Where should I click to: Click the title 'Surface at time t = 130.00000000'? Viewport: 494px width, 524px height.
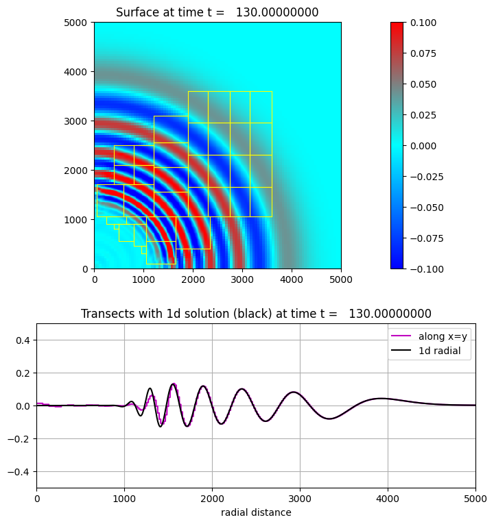point(217,12)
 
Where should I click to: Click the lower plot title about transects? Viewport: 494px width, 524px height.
point(256,314)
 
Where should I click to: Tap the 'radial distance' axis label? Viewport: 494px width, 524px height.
point(256,512)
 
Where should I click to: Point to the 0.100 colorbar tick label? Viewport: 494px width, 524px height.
point(423,23)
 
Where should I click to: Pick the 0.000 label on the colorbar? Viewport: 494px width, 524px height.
point(423,145)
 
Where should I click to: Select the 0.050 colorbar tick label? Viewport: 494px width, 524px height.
point(423,84)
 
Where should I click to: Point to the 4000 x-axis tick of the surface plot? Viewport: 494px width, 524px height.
point(292,279)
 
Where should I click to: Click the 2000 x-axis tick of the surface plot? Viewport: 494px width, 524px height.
point(193,279)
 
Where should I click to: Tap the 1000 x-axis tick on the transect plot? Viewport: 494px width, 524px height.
point(124,499)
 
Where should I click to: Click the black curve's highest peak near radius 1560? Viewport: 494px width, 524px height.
point(174,384)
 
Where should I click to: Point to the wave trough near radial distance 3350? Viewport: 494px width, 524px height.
point(330,419)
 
